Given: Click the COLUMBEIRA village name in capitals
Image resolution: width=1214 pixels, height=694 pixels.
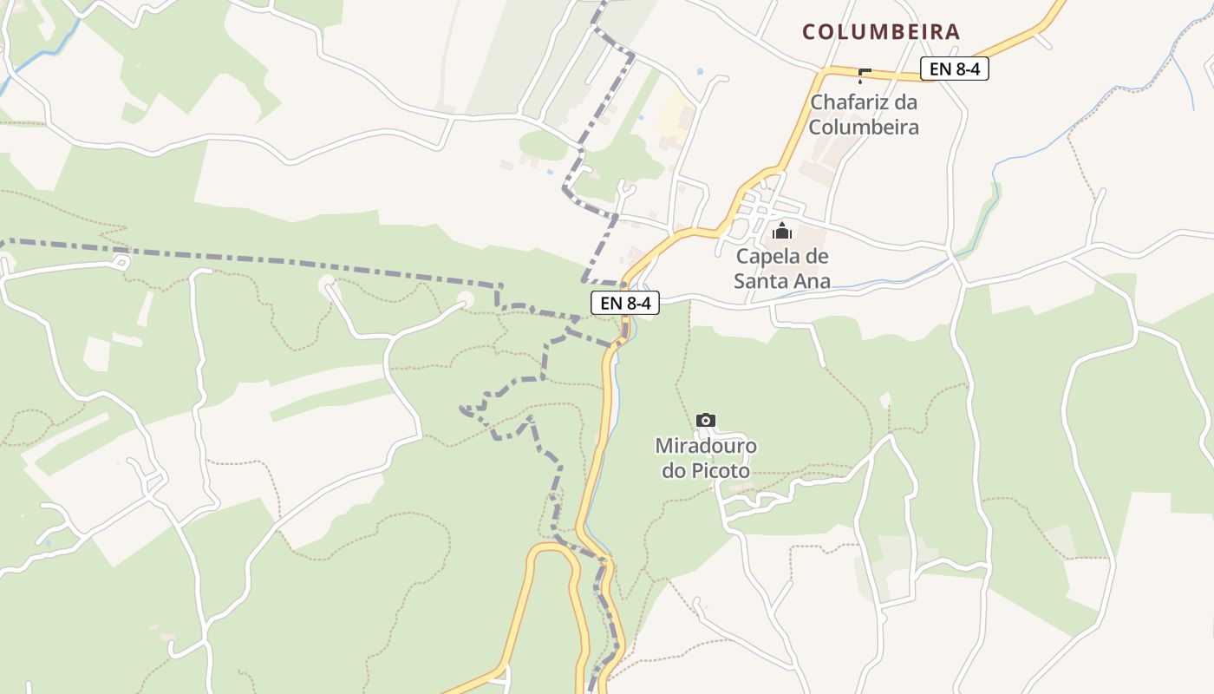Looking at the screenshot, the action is [881, 32].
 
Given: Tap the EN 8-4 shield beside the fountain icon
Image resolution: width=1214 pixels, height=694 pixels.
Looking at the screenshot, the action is [954, 69].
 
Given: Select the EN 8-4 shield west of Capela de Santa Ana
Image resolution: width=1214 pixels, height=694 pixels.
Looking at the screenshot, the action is [625, 303].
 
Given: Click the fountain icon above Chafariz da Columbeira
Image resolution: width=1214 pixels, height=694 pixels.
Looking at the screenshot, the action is [863, 75].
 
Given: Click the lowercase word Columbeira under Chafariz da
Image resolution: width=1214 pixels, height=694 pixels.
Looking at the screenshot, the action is [864, 127].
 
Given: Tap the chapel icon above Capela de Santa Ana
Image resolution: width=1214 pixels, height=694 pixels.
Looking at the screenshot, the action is [782, 231].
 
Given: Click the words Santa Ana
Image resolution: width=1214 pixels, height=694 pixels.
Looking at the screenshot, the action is [782, 281].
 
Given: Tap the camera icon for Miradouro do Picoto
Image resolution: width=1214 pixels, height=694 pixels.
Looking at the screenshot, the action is [706, 421].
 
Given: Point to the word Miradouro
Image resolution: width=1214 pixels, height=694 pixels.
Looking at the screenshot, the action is [706, 446].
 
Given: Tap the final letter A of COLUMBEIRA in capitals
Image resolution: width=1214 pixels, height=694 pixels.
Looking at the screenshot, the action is [953, 32].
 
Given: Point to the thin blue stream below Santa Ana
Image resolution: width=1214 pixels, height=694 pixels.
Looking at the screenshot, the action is [867, 285].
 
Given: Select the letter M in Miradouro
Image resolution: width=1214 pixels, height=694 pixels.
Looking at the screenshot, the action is [664, 446].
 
